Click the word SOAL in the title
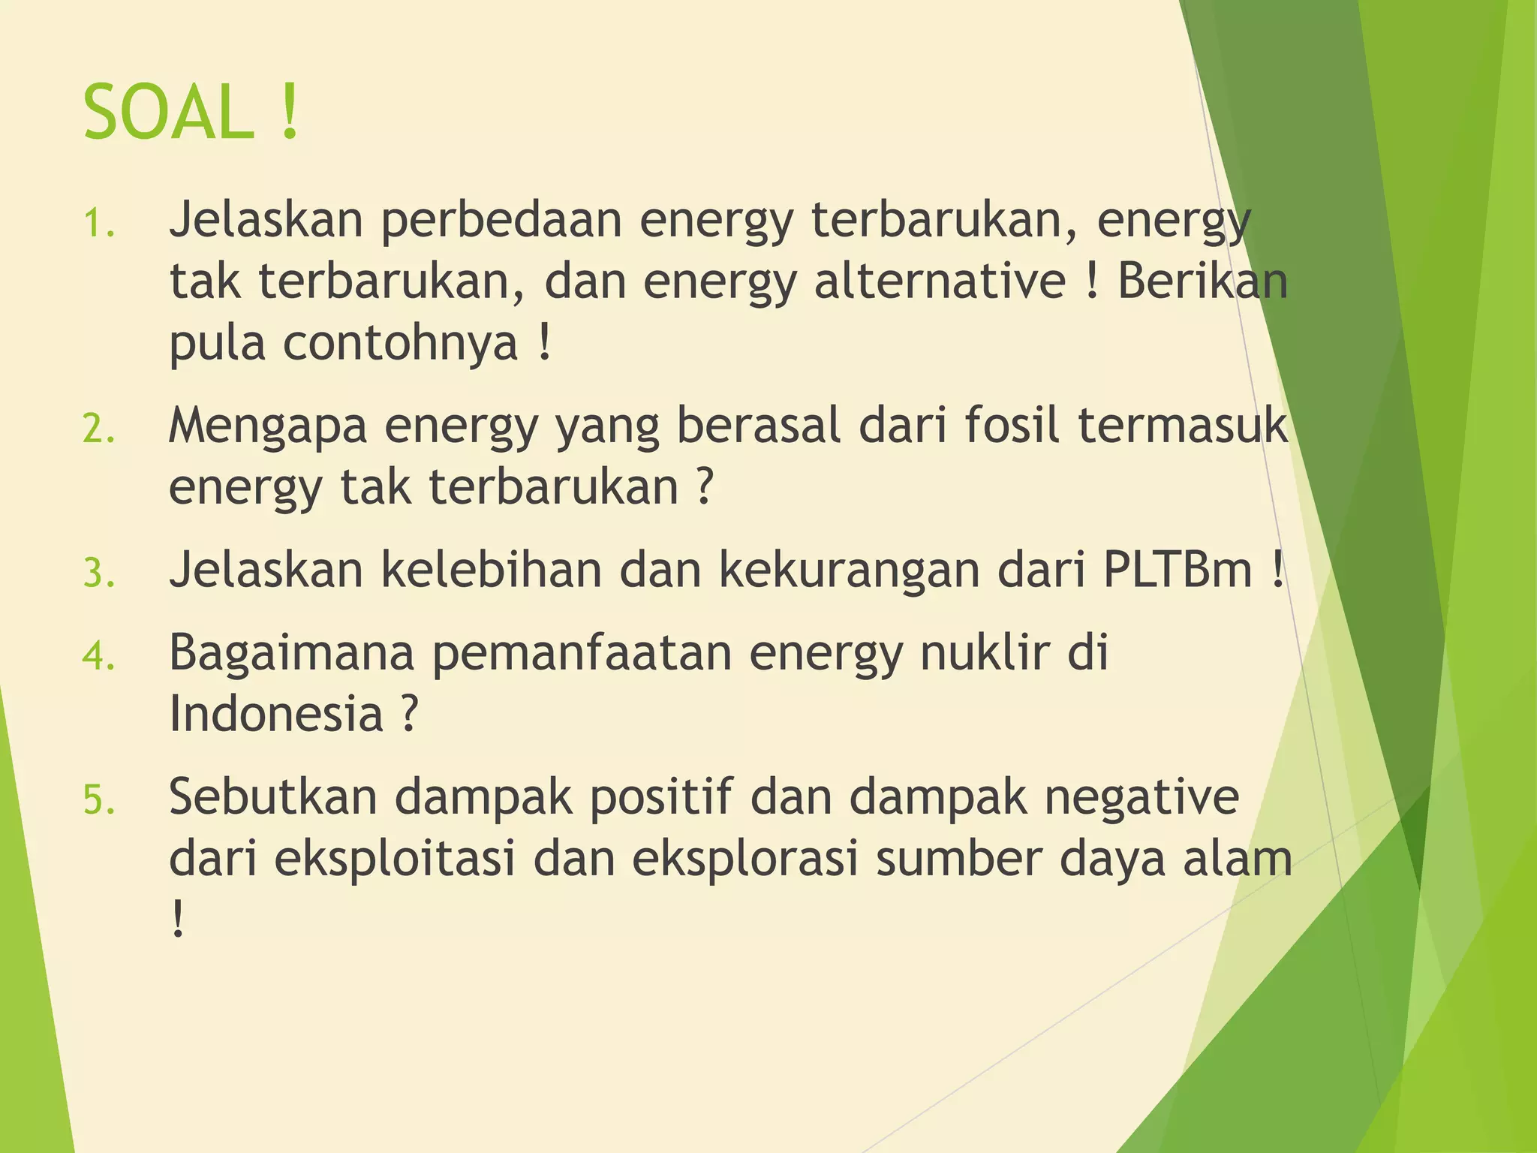pos(168,113)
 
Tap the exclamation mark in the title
pos(290,113)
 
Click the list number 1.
pos(98,223)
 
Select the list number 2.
pos(98,429)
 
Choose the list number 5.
pos(98,799)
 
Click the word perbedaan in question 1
pos(501,220)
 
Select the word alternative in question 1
pos(940,281)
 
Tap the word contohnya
pos(400,343)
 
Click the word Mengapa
pos(267,426)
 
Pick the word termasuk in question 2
pos(1183,425)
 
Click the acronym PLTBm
pos(1178,570)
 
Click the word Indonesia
pos(276,714)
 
